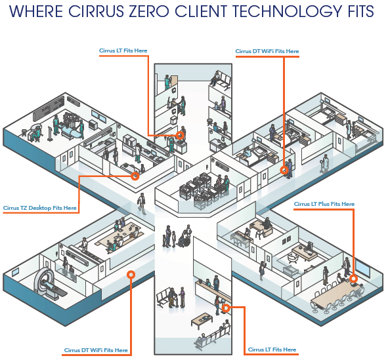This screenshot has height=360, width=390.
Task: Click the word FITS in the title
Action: (360, 11)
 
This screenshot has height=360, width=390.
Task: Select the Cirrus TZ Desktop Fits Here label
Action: (40, 208)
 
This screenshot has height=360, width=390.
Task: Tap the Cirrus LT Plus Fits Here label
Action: (324, 204)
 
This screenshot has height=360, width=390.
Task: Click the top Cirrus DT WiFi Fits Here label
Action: (267, 51)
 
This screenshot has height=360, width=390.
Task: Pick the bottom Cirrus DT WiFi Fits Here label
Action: (96, 350)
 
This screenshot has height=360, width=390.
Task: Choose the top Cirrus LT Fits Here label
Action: (123, 50)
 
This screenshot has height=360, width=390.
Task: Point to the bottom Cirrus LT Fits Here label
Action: (272, 350)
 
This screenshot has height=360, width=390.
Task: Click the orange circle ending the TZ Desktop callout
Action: (135, 176)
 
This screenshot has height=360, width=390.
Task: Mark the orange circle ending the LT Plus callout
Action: (353, 279)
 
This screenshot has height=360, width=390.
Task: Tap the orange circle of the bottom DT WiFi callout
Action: (131, 275)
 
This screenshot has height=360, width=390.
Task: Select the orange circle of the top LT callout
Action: (180, 136)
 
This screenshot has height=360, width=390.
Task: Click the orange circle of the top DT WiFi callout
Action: (284, 170)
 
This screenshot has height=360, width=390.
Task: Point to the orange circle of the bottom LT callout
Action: (226, 308)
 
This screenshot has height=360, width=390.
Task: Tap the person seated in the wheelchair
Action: (184, 239)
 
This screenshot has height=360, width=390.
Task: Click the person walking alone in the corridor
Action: (142, 204)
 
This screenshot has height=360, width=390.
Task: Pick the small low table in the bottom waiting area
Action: (202, 321)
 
